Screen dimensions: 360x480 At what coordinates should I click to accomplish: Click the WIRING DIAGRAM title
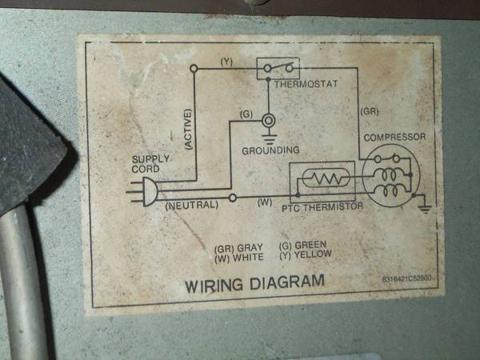pyautogui.click(x=254, y=282)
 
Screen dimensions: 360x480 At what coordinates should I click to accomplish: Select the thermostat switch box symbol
pyautogui.click(x=278, y=69)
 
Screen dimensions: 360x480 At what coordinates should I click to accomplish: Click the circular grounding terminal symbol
pyautogui.click(x=270, y=120)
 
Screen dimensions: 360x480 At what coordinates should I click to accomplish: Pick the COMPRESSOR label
pyautogui.click(x=394, y=138)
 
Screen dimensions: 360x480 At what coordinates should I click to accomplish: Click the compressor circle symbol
pyautogui.click(x=391, y=180)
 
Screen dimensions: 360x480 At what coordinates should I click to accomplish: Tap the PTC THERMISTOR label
pyautogui.click(x=322, y=207)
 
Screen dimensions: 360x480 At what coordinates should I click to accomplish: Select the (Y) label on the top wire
pyautogui.click(x=226, y=61)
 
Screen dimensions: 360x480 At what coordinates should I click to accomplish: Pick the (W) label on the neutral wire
pyautogui.click(x=265, y=203)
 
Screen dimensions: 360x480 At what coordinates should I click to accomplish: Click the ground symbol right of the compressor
pyautogui.click(x=425, y=208)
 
